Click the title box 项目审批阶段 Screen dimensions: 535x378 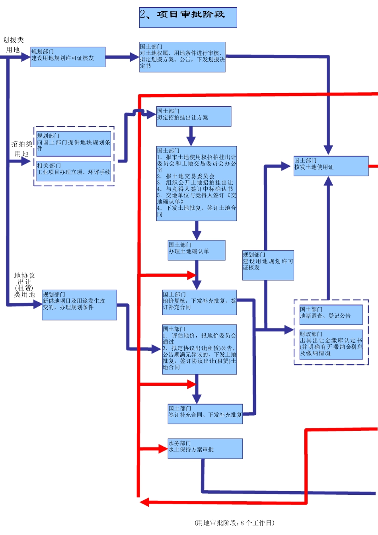click(188, 18)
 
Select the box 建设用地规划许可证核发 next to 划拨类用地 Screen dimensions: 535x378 click(68, 57)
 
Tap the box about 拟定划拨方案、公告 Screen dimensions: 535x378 click(182, 57)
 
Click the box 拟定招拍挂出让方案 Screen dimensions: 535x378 click(193, 116)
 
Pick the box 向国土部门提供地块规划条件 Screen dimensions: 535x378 click(74, 144)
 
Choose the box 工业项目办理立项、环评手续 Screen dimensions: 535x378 click(74, 171)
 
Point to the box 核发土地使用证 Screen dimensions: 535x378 click(331, 166)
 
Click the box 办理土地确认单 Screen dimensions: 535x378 click(196, 250)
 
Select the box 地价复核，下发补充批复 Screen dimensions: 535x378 click(199, 302)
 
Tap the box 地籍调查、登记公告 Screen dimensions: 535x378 click(331, 314)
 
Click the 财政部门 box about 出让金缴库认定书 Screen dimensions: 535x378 click(331, 344)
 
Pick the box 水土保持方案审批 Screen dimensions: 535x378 click(205, 448)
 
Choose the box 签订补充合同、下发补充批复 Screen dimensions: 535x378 click(205, 414)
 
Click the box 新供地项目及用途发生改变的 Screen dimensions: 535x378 click(79, 305)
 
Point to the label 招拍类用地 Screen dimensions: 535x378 click(21, 149)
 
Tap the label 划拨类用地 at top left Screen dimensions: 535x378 click(13, 45)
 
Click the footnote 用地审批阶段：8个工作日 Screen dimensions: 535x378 click(234, 523)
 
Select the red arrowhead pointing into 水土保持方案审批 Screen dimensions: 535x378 click(163, 449)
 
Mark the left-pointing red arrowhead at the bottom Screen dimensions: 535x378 click(144, 502)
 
